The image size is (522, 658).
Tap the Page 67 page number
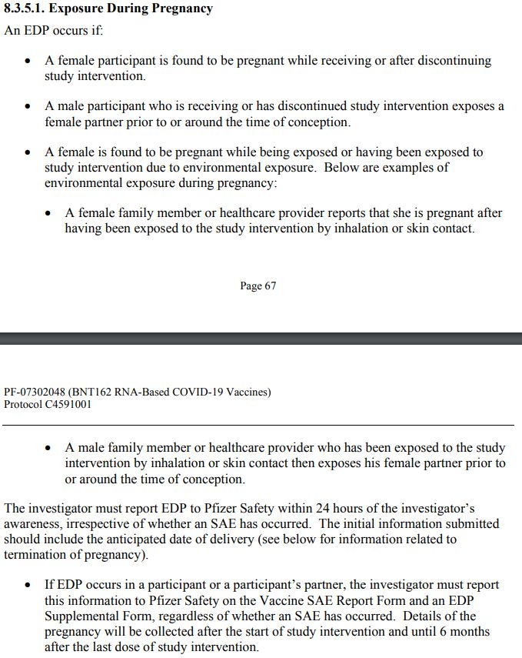[258, 286]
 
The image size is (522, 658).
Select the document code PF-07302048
[35, 392]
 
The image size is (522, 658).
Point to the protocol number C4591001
[68, 404]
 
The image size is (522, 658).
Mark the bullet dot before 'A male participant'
[29, 107]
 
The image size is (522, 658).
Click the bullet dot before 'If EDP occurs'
[29, 586]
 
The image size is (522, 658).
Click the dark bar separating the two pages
[261, 339]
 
